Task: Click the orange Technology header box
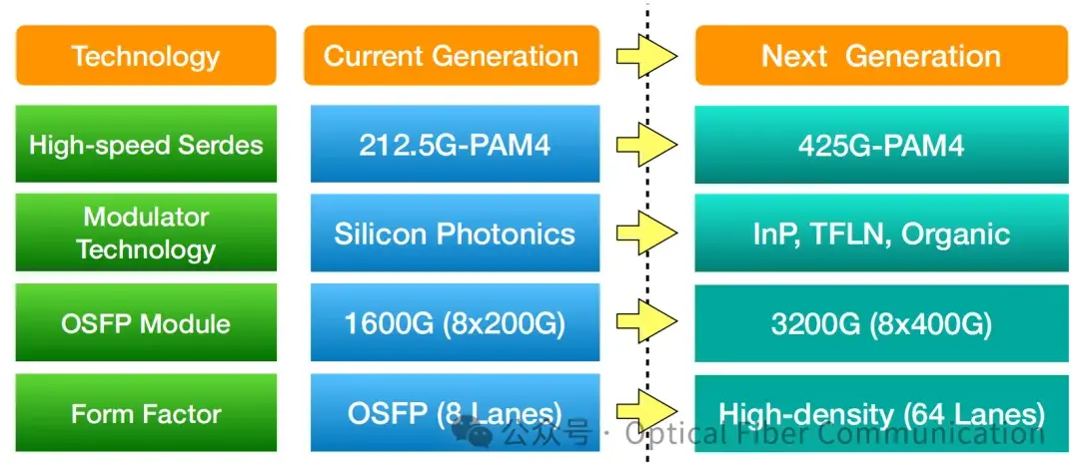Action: pyautogui.click(x=146, y=56)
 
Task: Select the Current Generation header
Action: pyautogui.click(x=452, y=56)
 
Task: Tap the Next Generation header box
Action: pyautogui.click(x=881, y=56)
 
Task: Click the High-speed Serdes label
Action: pyautogui.click(x=146, y=145)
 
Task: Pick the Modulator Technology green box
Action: pyautogui.click(x=146, y=234)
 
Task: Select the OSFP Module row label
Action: pyautogui.click(x=146, y=323)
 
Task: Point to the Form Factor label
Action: pyautogui.click(x=146, y=413)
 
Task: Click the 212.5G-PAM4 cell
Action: pyautogui.click(x=455, y=145)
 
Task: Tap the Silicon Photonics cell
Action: pyautogui.click(x=455, y=235)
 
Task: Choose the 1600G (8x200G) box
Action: pyautogui.click(x=455, y=323)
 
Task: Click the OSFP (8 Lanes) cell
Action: pyautogui.click(x=455, y=412)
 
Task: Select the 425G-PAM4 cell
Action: pyautogui.click(x=881, y=145)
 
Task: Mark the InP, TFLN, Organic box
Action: pyautogui.click(x=881, y=235)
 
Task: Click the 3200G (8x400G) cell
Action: pyautogui.click(x=881, y=323)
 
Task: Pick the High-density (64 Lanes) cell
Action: pyautogui.click(x=881, y=412)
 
